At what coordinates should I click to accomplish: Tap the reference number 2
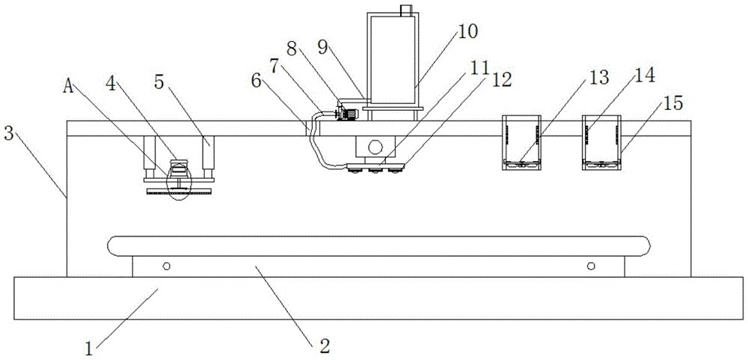pos(325,345)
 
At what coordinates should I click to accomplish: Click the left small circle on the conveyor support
pos(166,266)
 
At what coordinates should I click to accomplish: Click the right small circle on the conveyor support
pos(590,266)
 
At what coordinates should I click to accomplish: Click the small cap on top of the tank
pos(406,10)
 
